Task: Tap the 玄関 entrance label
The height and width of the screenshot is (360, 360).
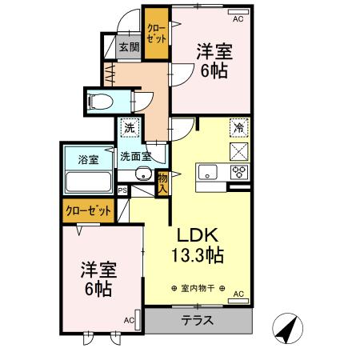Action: click(130, 47)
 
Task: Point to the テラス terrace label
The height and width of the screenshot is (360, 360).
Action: click(197, 320)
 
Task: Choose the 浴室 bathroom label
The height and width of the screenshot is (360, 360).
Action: click(88, 159)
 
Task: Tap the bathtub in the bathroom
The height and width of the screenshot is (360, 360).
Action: click(88, 182)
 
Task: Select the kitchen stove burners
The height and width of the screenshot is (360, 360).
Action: click(239, 171)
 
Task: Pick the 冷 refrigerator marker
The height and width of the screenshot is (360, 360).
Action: click(238, 126)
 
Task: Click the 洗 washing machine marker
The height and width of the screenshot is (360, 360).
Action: click(130, 127)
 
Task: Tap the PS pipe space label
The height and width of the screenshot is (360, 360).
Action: click(122, 190)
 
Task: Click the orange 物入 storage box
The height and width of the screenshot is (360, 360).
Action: click(162, 183)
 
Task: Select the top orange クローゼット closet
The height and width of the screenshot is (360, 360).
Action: click(154, 34)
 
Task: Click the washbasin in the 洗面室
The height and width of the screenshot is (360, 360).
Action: click(144, 174)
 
